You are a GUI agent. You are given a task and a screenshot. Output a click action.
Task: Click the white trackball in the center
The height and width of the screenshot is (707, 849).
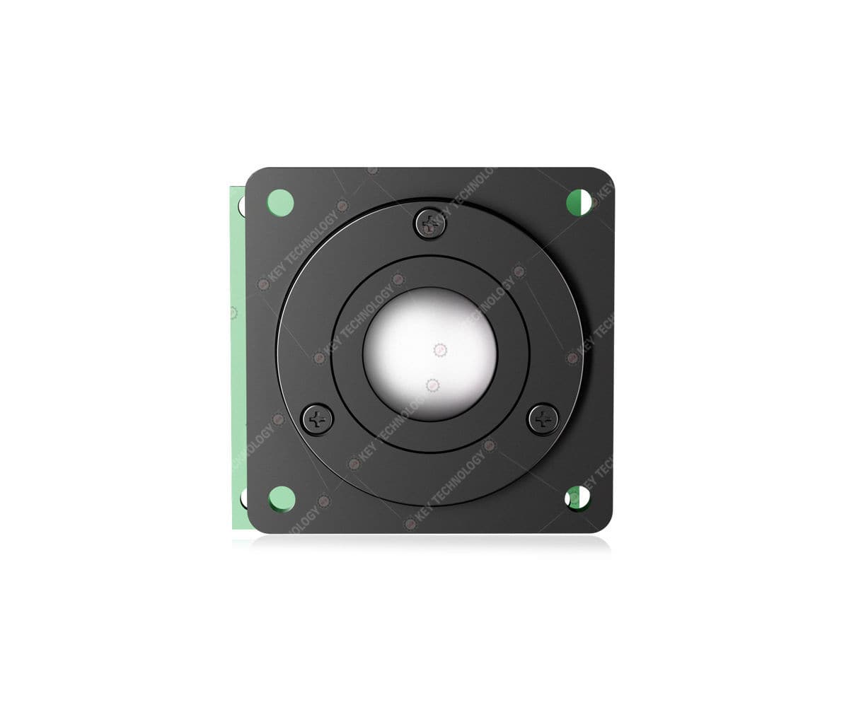click(430, 352)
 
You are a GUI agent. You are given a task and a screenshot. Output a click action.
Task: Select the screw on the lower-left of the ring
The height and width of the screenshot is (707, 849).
click(318, 419)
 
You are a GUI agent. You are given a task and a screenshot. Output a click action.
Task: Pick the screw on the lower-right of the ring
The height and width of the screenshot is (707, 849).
click(543, 419)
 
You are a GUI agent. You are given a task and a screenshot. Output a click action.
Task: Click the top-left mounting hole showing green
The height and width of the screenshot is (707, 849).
click(280, 202)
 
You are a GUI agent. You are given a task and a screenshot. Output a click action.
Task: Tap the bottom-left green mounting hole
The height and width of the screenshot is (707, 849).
click(282, 498)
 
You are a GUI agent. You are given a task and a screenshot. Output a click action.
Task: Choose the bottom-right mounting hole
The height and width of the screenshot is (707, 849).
click(579, 498)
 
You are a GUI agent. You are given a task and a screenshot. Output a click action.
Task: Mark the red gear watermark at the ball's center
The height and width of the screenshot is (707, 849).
click(439, 349)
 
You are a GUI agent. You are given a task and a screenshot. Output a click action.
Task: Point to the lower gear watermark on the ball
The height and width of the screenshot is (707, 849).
click(432, 385)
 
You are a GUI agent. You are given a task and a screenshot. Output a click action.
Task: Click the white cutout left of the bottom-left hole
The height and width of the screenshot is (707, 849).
click(243, 498)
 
